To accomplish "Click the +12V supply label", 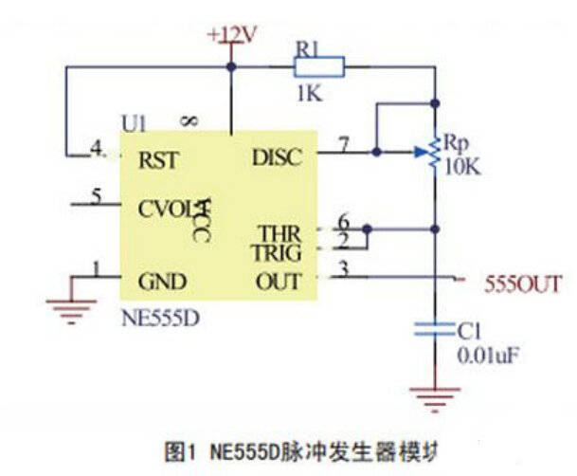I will coord(233,35).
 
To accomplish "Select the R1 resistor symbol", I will coord(318,66).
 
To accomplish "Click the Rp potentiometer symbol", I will coord(434,153).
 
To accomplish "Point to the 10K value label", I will coord(462,166).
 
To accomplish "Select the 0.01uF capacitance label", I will coord(487,357).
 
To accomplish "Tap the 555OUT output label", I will coord(524,284).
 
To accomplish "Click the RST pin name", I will coord(157,159).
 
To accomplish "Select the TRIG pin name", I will coord(276,253).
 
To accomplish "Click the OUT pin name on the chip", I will coord(279,282).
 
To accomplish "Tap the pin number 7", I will coord(343,144).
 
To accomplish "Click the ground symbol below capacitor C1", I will coord(434,396).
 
